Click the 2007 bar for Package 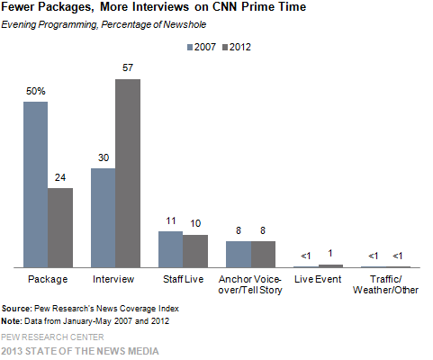(35, 184)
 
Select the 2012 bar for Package (60, 228)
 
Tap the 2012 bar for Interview (128, 173)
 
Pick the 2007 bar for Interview (104, 218)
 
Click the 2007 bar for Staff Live (170, 249)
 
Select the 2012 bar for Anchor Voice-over (263, 255)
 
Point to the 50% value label (35, 91)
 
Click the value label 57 (128, 68)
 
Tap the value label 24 (60, 177)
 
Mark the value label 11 (170, 220)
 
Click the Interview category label (115, 280)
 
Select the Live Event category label (318, 280)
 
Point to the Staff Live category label (183, 280)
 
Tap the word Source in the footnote (19, 308)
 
